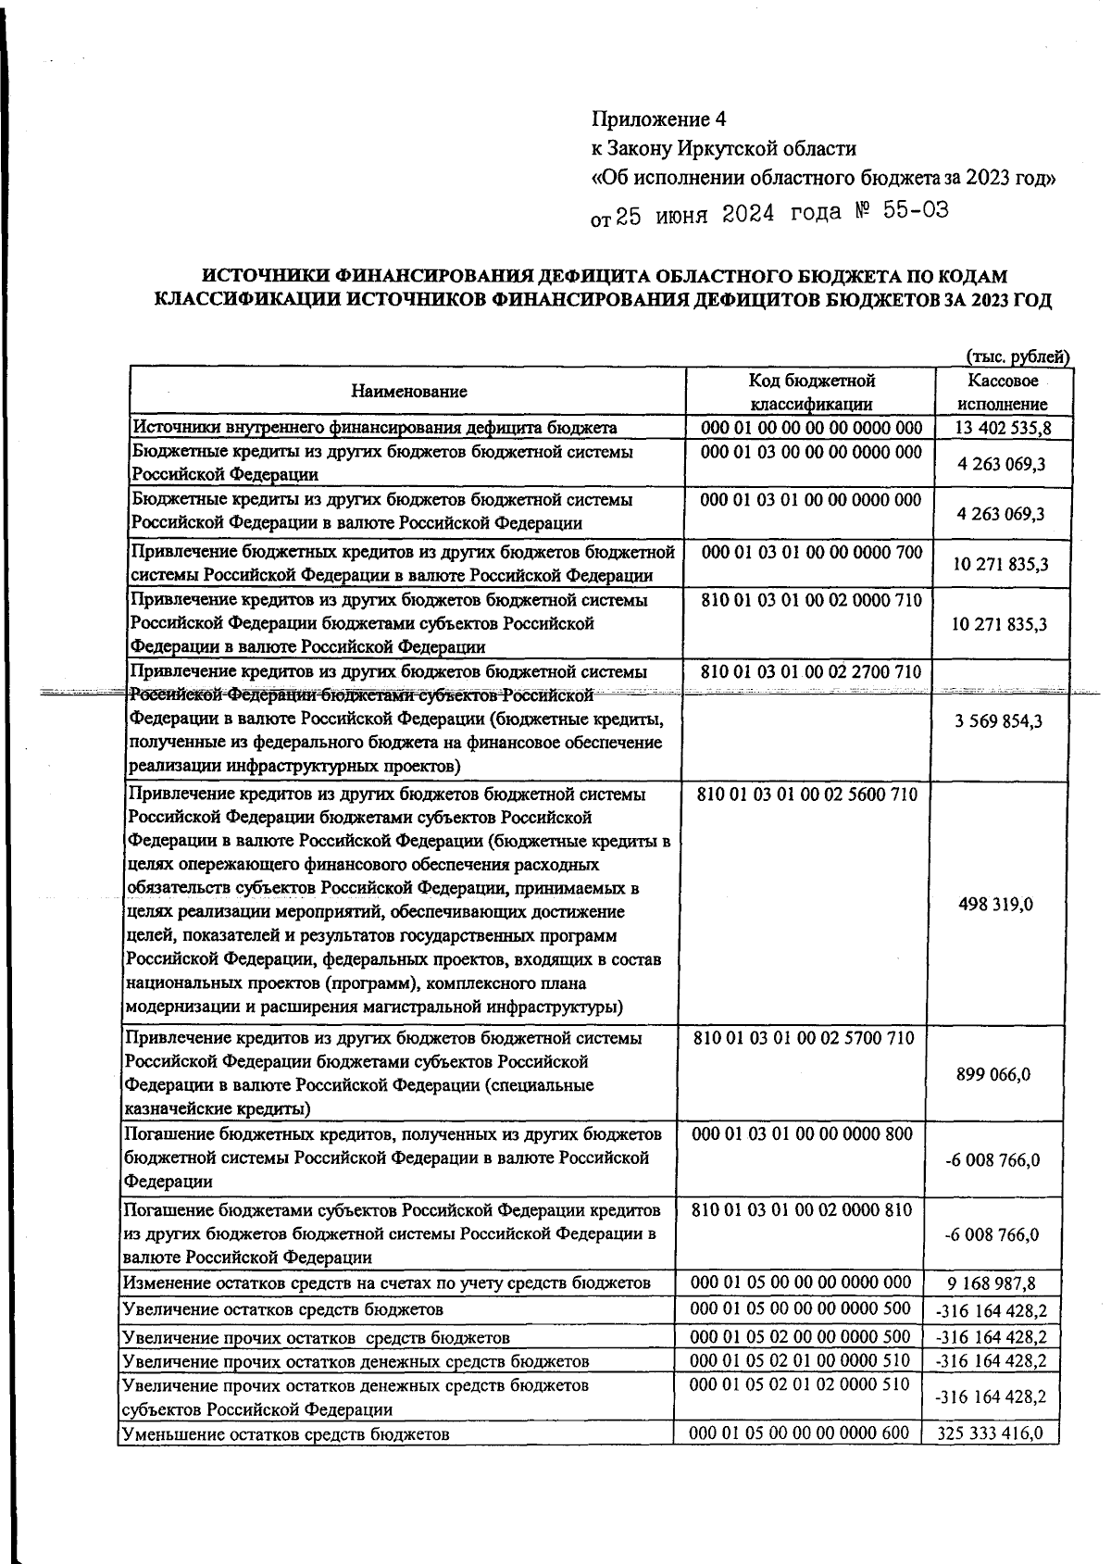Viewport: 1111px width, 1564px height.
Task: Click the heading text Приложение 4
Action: [659, 119]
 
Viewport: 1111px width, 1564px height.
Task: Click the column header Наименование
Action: [408, 392]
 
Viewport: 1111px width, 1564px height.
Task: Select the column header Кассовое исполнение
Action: [1002, 392]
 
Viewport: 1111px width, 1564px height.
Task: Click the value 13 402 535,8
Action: [1002, 428]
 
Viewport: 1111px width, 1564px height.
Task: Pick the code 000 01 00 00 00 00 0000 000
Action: [812, 427]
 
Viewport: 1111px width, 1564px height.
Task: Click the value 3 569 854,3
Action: [999, 719]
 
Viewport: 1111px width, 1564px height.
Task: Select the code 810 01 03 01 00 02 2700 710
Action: [811, 671]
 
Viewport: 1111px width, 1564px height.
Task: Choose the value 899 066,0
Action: [993, 1075]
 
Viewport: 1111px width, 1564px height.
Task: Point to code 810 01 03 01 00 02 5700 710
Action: [804, 1038]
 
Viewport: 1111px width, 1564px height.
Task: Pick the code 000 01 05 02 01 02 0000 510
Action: [800, 1385]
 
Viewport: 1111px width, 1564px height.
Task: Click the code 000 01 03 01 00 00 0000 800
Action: [802, 1134]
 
